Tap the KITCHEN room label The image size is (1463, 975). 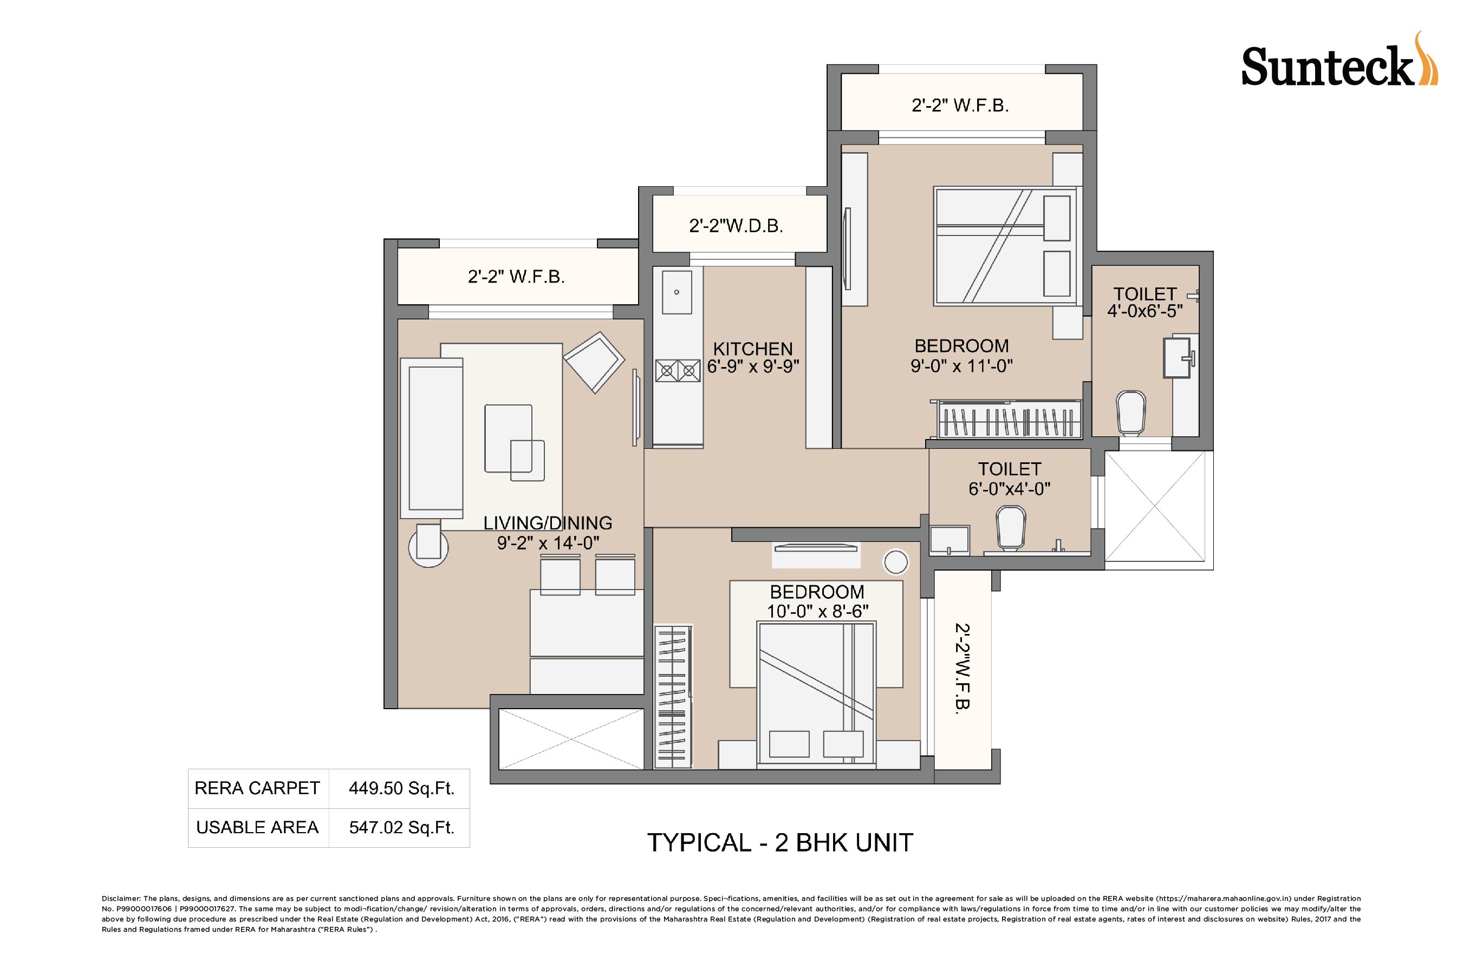(753, 349)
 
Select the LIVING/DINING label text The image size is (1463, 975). (548, 523)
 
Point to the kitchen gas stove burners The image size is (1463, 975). (678, 371)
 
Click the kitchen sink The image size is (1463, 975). (677, 292)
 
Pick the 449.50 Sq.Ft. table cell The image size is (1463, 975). (401, 788)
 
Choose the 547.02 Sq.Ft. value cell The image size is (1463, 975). (401, 828)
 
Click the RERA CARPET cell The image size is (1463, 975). (257, 788)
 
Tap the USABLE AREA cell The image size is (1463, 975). (257, 828)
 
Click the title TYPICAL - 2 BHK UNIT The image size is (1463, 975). (780, 843)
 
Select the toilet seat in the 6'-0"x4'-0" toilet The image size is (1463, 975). (1010, 527)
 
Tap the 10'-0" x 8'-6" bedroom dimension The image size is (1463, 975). (817, 612)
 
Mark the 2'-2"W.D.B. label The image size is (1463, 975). (736, 226)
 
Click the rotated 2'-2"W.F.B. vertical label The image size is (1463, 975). (963, 667)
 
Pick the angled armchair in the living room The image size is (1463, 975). (594, 362)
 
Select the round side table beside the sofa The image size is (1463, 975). (428, 546)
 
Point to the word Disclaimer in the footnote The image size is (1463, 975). (121, 899)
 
